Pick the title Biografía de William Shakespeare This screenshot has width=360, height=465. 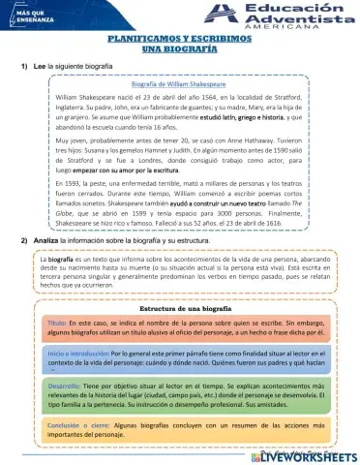coord(179,84)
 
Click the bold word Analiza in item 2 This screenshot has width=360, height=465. coord(47,238)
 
